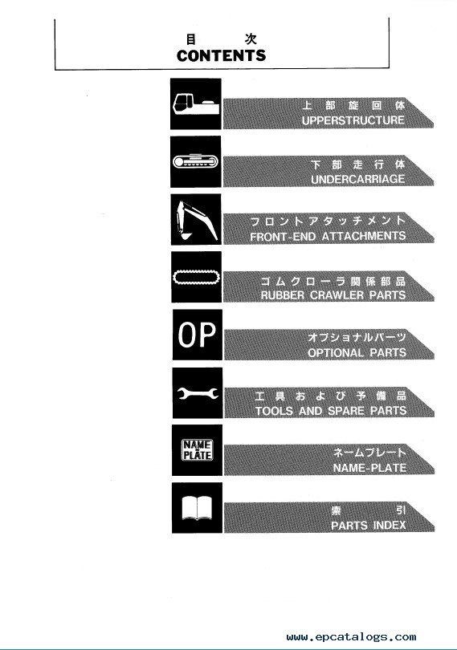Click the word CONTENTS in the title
pyautogui.click(x=221, y=55)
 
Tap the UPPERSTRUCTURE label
pyautogui.click(x=353, y=120)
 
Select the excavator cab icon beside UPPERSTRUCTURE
pyautogui.click(x=195, y=104)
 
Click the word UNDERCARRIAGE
pyautogui.click(x=357, y=179)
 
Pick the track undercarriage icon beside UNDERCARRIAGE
pyautogui.click(x=195, y=161)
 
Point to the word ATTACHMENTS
pyautogui.click(x=364, y=236)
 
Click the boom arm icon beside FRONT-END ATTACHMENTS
pyautogui.click(x=196, y=219)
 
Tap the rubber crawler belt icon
pyautogui.click(x=196, y=277)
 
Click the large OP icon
pyautogui.click(x=197, y=335)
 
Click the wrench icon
pyautogui.click(x=197, y=393)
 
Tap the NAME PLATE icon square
pyautogui.click(x=197, y=450)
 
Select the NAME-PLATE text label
pyautogui.click(x=369, y=469)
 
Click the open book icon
pyautogui.click(x=197, y=508)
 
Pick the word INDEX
pyautogui.click(x=389, y=526)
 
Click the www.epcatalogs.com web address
pyautogui.click(x=351, y=636)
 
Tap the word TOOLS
pyautogui.click(x=275, y=411)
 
